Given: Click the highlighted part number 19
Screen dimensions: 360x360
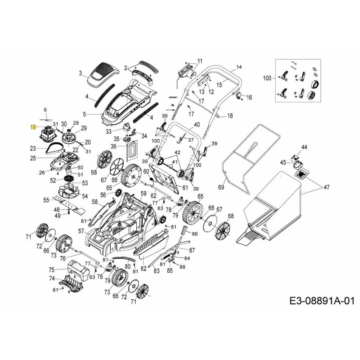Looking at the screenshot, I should click(x=32, y=127).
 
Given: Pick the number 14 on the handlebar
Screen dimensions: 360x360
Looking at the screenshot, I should click(x=239, y=67).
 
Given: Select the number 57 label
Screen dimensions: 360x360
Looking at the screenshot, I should click(x=81, y=231).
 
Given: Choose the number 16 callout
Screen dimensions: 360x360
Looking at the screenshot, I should click(x=249, y=97).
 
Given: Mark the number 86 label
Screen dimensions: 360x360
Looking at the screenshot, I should click(x=194, y=234).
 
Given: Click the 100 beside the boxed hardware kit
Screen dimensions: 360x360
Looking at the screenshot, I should click(x=267, y=78).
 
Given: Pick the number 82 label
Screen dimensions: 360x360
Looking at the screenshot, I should click(x=144, y=269).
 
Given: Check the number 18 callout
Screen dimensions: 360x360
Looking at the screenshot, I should click(x=230, y=116).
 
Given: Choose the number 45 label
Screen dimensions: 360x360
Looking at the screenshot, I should click(x=283, y=162).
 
